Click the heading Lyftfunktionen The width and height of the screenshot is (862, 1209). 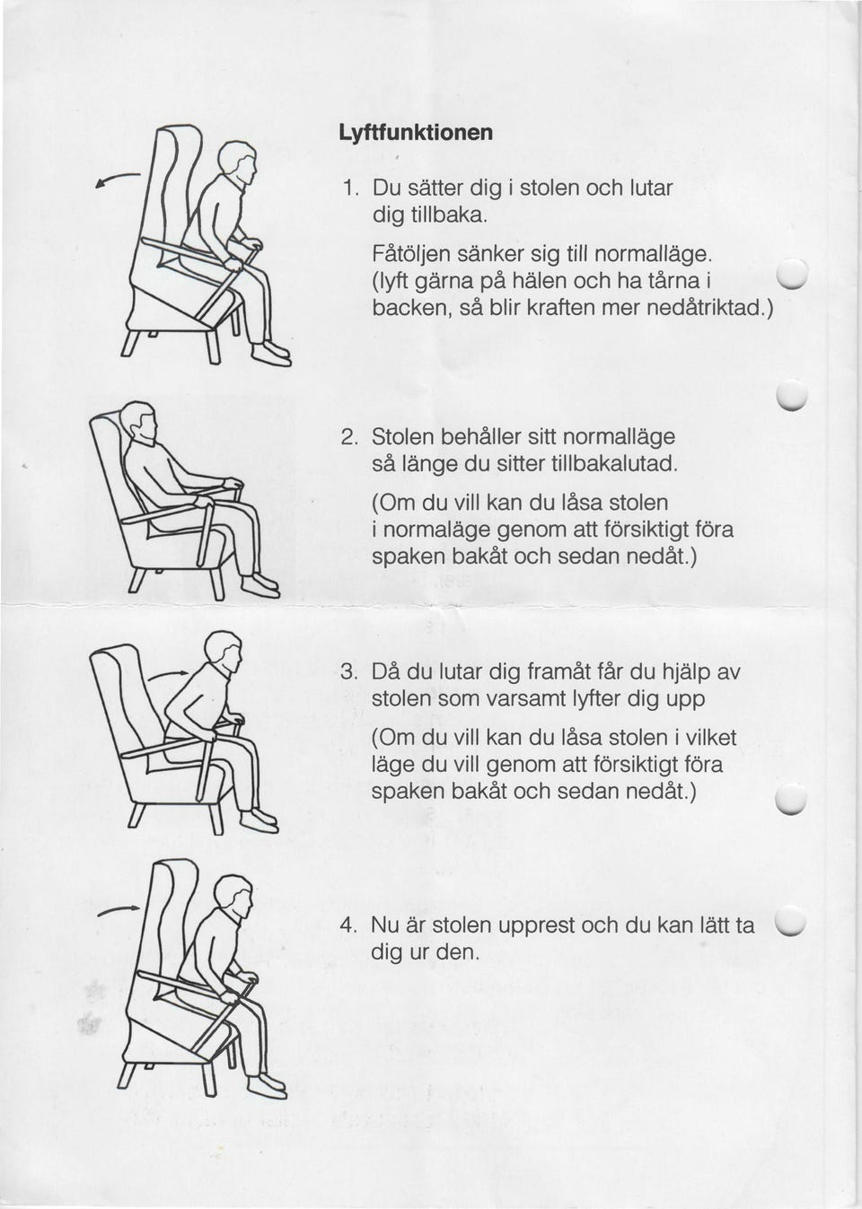coord(416,133)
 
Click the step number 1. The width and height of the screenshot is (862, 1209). coord(349,188)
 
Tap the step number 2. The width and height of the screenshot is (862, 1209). coord(349,436)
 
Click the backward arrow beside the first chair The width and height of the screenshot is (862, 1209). coord(118,180)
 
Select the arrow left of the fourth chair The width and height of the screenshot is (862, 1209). coord(119,911)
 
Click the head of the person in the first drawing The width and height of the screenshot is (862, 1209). coord(237,162)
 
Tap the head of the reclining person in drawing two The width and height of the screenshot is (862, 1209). coord(139,423)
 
